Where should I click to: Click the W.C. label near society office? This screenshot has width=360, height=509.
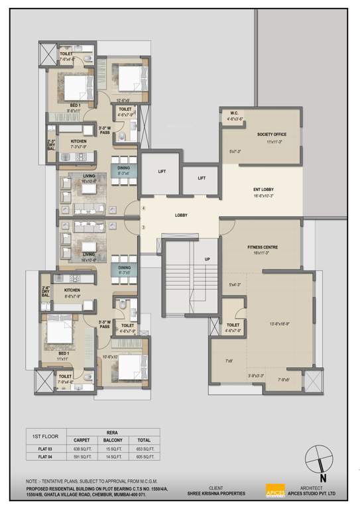234,113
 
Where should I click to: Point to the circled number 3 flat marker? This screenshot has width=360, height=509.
143,228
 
